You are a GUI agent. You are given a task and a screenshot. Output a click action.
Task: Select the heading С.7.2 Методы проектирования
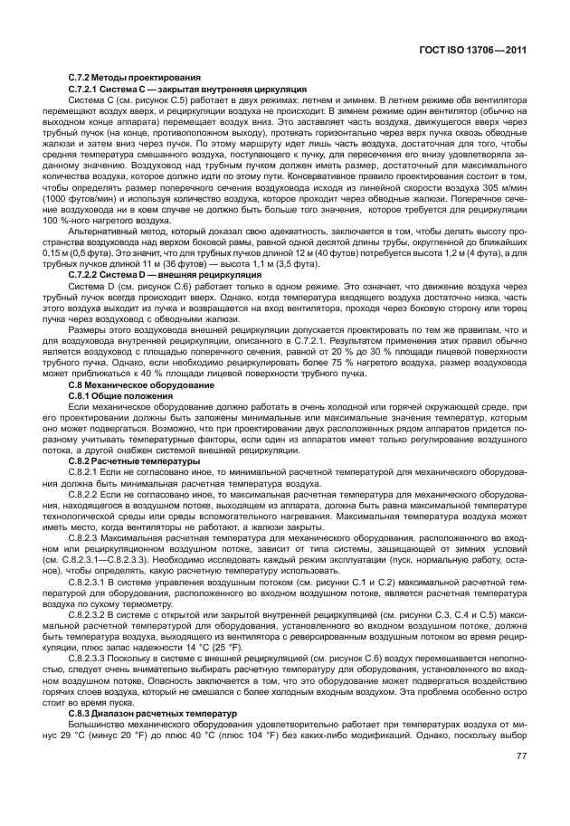tap(135, 80)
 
